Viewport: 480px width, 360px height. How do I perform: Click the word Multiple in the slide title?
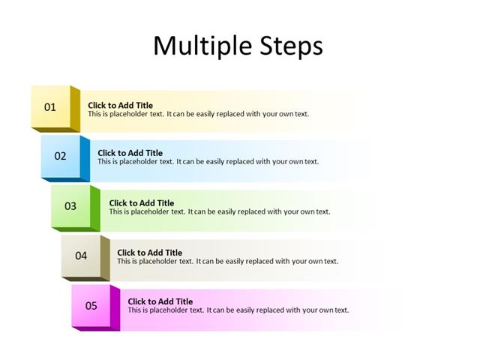click(x=199, y=46)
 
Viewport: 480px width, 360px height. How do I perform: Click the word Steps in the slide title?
click(x=289, y=46)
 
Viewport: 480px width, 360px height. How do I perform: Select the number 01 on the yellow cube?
click(x=49, y=107)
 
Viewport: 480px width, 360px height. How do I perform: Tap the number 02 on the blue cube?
click(x=60, y=156)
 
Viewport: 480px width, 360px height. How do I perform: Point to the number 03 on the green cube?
click(x=70, y=205)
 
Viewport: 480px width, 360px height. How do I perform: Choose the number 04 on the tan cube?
click(x=80, y=256)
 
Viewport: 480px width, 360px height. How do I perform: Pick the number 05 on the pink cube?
click(x=91, y=305)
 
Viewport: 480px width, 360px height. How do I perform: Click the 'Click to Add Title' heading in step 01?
click(x=120, y=106)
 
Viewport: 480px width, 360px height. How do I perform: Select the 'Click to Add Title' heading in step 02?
click(x=130, y=153)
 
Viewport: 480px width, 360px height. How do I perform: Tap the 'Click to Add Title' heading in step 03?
click(x=141, y=202)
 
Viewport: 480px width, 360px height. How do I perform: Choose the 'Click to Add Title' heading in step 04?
click(x=149, y=253)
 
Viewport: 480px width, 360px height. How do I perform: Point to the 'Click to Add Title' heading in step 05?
click(x=160, y=301)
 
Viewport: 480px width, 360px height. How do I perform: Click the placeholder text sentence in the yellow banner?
click(x=198, y=115)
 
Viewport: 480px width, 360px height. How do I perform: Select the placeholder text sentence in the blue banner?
click(x=208, y=162)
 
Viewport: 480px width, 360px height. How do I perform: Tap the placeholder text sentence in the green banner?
click(x=219, y=211)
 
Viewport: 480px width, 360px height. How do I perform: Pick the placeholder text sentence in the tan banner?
click(x=227, y=262)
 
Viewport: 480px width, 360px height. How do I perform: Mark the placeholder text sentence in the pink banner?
click(x=238, y=310)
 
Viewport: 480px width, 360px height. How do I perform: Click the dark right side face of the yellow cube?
click(x=75, y=109)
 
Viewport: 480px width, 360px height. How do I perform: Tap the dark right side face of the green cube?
click(x=95, y=208)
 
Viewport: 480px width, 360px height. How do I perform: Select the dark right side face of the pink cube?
click(x=115, y=307)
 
